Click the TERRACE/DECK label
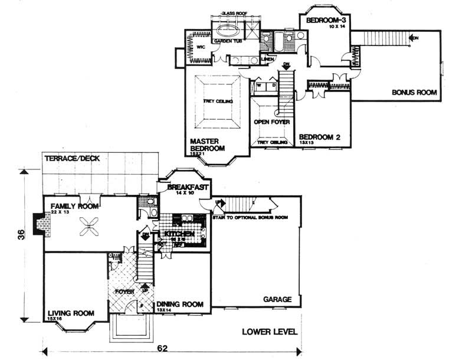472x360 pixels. pyautogui.click(x=71, y=159)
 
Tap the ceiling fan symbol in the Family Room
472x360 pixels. pyautogui.click(x=90, y=224)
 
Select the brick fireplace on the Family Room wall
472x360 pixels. pyautogui.click(x=40, y=224)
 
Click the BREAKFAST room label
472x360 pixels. pyautogui.click(x=186, y=186)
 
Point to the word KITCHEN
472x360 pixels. pyautogui.click(x=179, y=234)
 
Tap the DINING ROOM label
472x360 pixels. pyautogui.click(x=180, y=305)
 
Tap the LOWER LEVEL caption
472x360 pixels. pyautogui.click(x=270, y=332)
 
